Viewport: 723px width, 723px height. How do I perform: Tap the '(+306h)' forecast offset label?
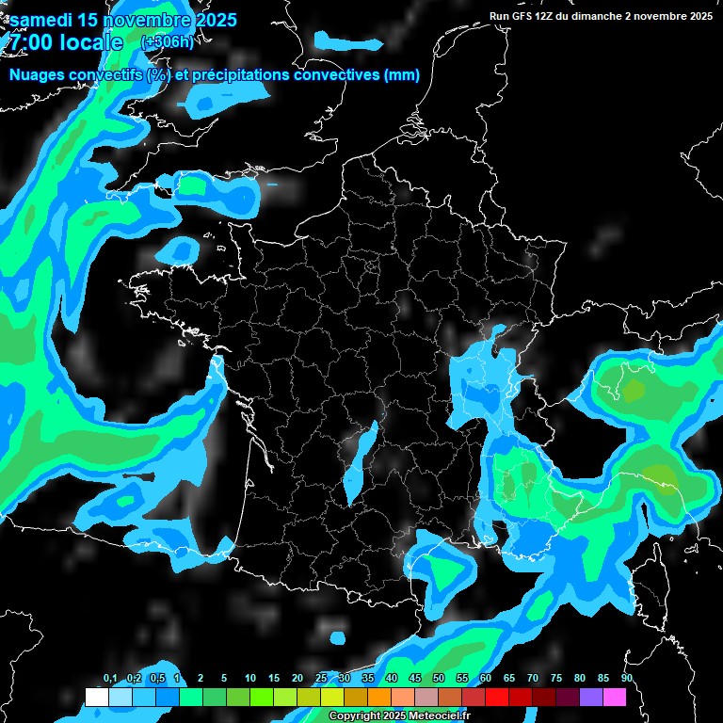pyautogui.click(x=167, y=42)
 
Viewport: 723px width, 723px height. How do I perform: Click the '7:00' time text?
pyautogui.click(x=29, y=42)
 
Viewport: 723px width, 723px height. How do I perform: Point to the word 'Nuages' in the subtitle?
pyautogui.click(x=40, y=75)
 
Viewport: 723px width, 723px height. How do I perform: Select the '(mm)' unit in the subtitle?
pyautogui.click(x=402, y=75)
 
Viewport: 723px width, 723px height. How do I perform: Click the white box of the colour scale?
pyautogui.click(x=96, y=698)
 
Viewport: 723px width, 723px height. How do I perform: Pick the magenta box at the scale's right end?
pyautogui.click(x=615, y=698)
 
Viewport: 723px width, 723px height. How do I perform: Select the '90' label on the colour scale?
pyautogui.click(x=626, y=678)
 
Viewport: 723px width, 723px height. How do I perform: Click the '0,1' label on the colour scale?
pyautogui.click(x=110, y=678)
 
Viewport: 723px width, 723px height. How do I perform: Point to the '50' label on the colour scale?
pyautogui.click(x=439, y=678)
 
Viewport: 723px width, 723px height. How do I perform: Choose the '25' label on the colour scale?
pyautogui.click(x=321, y=678)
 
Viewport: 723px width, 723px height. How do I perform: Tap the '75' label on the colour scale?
pyautogui.click(x=556, y=678)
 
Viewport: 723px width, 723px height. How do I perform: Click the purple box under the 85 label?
pyautogui.click(x=591, y=698)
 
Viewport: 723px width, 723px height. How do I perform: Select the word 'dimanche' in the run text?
pyautogui.click(x=619, y=15)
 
